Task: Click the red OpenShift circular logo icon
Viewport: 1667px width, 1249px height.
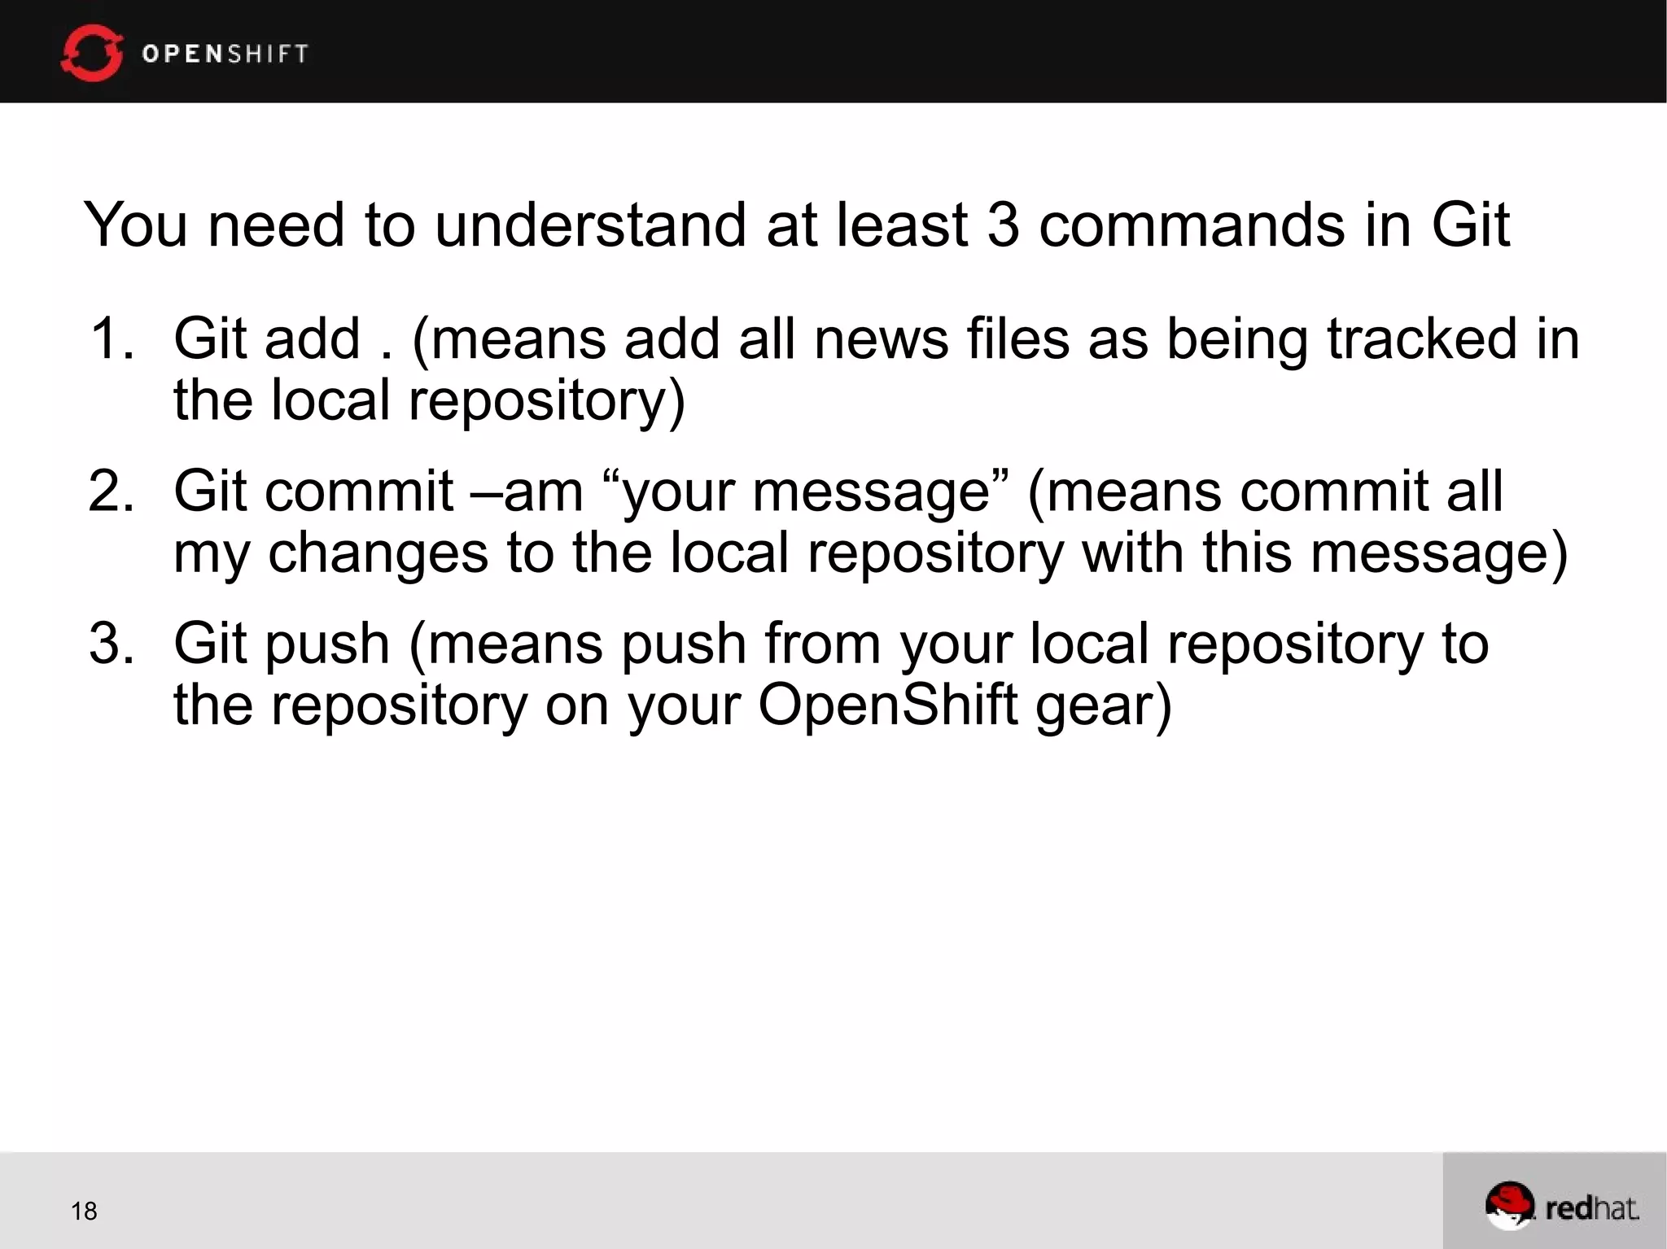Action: (92, 53)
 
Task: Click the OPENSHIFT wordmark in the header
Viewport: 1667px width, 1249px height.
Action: (225, 54)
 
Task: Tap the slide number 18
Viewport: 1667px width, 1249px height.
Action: (84, 1211)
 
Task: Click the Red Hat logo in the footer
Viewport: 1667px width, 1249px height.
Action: (1560, 1206)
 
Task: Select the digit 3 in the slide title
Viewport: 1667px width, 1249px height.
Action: (1003, 225)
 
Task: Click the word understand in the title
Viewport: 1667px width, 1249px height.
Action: (590, 225)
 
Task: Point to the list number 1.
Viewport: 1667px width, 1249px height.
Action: (110, 338)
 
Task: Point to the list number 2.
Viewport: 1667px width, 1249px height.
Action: (110, 491)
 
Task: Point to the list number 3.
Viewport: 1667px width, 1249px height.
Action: (110, 644)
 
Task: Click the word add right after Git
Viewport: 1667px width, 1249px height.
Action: (312, 338)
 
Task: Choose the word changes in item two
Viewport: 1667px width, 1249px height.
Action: (378, 553)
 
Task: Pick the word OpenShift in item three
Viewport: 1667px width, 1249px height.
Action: (888, 705)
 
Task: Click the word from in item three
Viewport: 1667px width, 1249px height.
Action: (823, 644)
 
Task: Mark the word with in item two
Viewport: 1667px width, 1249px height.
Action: (1133, 553)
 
